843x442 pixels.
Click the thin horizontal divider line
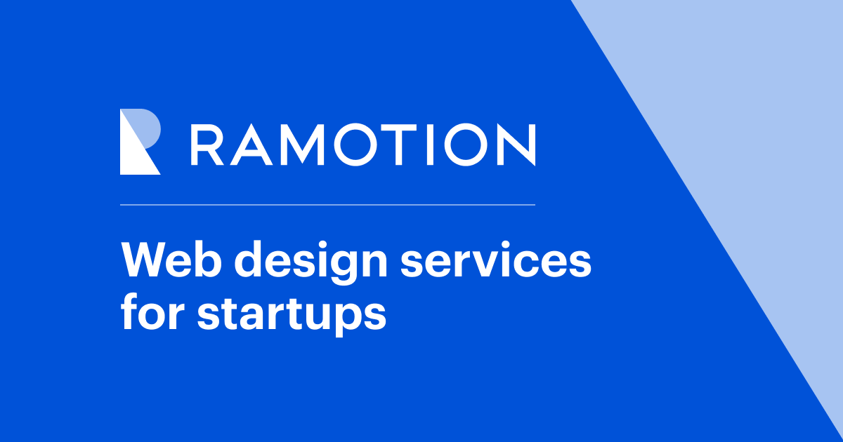pyautogui.click(x=327, y=205)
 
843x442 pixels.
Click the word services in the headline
pyautogui.click(x=496, y=260)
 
